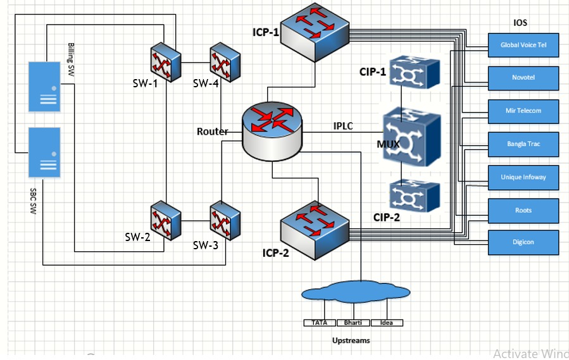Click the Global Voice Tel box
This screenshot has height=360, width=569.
point(523,45)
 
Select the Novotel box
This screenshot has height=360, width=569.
point(523,78)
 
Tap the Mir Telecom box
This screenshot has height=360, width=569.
point(523,111)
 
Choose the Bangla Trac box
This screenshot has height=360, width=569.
point(523,144)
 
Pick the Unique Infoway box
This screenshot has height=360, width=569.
point(523,177)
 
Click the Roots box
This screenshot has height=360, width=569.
point(523,210)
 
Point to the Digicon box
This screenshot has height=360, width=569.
point(523,242)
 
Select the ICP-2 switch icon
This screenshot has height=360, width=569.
point(315,228)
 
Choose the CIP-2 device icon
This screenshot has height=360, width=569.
point(415,196)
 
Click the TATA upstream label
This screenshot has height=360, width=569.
point(320,323)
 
